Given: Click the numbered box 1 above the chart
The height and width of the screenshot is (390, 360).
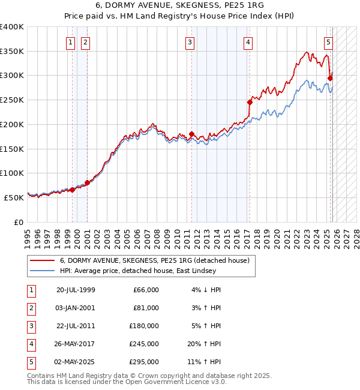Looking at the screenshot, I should pyautogui.click(x=71, y=42).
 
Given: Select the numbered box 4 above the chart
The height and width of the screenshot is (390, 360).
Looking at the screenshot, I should pyautogui.click(x=247, y=42).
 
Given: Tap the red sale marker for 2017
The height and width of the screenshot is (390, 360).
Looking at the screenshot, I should pyautogui.click(x=250, y=102).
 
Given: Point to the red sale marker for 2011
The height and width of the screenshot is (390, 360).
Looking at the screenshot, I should pyautogui.click(x=192, y=134).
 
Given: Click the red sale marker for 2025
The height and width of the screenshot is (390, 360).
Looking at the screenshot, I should pyautogui.click(x=331, y=77).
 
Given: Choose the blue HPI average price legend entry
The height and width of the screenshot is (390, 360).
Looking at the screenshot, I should pyautogui.click(x=145, y=271).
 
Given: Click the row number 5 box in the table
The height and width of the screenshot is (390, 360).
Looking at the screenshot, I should pyautogui.click(x=30, y=362).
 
